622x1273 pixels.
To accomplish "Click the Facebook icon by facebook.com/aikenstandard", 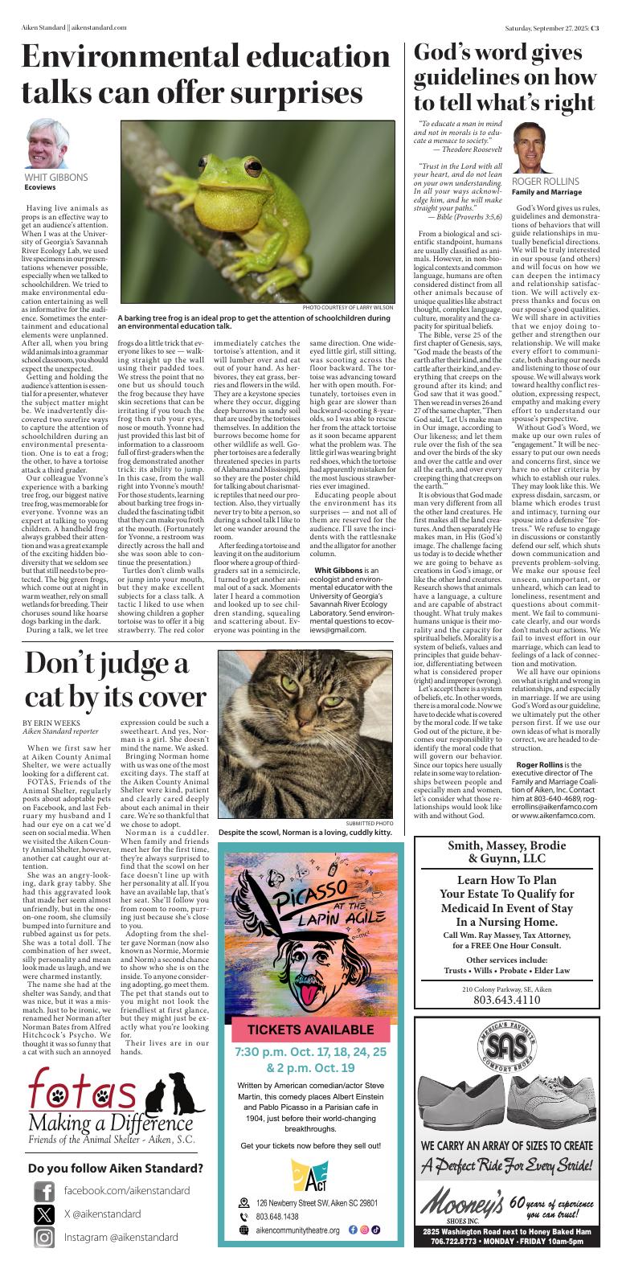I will click(x=43, y=1190).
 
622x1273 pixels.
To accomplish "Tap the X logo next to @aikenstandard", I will click(x=43, y=1214).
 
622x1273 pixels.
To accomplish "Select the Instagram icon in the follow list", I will click(x=43, y=1238).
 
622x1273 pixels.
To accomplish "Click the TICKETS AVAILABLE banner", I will click(x=309, y=1029).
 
